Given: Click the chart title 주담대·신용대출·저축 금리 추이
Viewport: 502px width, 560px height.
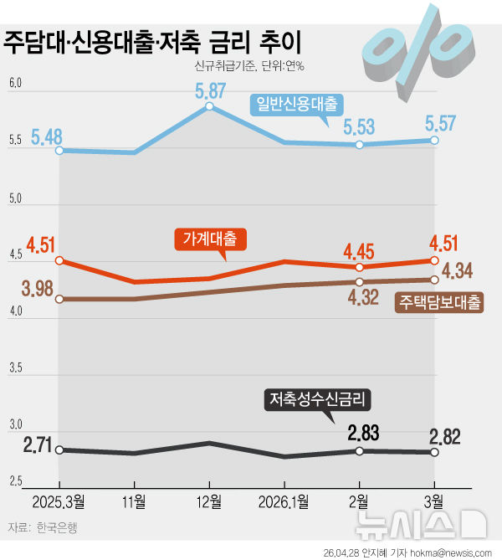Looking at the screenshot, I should point(153,42).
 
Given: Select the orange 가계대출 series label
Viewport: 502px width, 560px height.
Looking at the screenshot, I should point(210,239).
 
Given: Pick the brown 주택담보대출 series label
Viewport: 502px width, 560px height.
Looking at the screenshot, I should point(440,302).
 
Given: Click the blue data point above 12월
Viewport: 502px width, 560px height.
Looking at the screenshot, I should point(209,107).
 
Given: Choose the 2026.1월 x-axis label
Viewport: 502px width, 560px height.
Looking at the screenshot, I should point(284,502).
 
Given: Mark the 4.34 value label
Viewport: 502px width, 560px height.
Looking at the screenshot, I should point(458,271).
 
